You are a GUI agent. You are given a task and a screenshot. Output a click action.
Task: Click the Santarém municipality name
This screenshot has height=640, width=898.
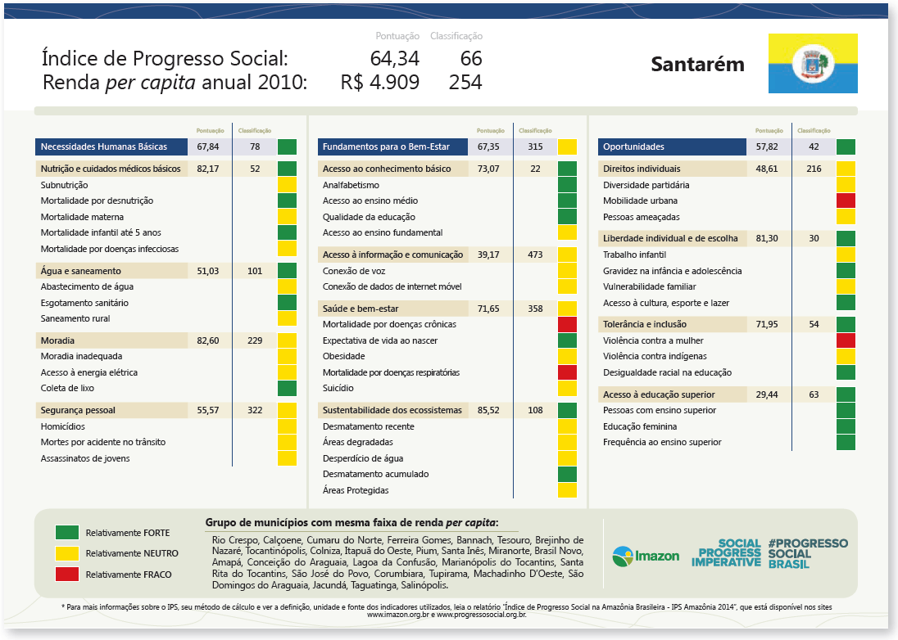[x=697, y=65]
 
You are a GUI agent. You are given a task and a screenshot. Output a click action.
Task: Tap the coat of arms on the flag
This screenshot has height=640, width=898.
[x=813, y=64]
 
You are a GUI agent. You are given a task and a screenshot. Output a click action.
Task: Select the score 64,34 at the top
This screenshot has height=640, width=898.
[x=395, y=59]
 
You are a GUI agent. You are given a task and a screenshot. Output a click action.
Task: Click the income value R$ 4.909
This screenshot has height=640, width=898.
[x=380, y=83]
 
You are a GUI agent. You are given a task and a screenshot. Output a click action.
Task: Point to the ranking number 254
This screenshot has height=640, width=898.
[x=465, y=83]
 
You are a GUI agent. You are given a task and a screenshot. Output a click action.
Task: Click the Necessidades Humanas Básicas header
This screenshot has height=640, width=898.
[x=104, y=147]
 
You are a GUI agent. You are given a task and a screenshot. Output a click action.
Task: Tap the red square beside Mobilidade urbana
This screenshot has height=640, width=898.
[x=846, y=201]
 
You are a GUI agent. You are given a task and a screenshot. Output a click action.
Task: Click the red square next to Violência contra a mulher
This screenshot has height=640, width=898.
[x=846, y=340]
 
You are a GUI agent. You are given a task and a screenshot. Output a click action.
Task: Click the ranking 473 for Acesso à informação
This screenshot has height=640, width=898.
[x=535, y=255]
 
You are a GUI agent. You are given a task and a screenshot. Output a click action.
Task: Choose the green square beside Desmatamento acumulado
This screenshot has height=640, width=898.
[x=567, y=475]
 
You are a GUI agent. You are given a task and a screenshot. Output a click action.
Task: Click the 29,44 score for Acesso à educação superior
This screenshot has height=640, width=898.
[x=767, y=394]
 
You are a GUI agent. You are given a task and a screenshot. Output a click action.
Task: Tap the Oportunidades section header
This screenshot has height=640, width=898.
[x=633, y=147]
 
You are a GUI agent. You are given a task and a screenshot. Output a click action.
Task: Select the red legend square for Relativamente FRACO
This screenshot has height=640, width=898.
[x=67, y=574]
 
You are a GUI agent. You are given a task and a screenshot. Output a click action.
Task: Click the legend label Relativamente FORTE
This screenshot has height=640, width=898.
[x=128, y=533]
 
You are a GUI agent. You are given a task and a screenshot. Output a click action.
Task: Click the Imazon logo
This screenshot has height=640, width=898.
[x=646, y=557]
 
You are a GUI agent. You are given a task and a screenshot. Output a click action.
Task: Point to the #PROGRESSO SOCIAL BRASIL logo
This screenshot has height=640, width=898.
[x=807, y=553]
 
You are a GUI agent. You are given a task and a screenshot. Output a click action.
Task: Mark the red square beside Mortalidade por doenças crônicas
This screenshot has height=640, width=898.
[x=567, y=325]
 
